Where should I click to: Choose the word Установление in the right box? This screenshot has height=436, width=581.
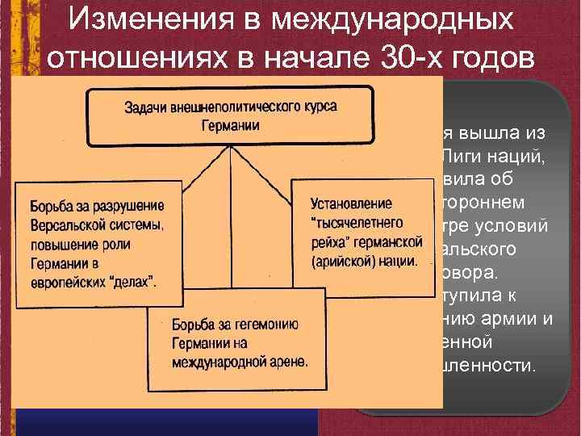click(x=340, y=203)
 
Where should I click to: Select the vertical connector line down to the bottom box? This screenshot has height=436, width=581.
click(x=232, y=234)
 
